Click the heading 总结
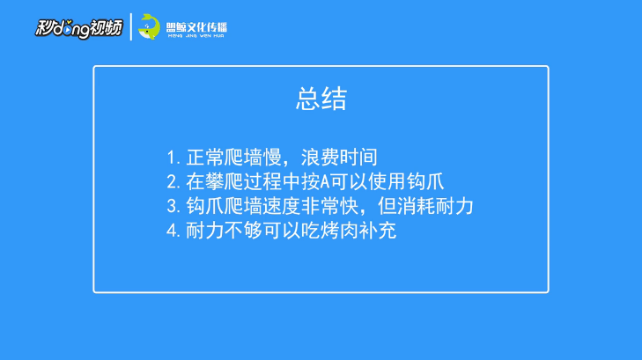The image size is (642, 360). coord(321,99)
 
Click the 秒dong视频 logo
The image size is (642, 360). coord(78,28)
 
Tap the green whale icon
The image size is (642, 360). coord(149,27)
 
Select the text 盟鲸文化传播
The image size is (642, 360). coord(196,27)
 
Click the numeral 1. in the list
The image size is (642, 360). coord(173,158)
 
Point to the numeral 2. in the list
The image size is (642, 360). coord(173,182)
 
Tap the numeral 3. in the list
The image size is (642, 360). coord(173,207)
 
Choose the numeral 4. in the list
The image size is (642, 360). coord(173,231)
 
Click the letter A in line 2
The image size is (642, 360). coord(325,182)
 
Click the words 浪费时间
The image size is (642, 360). coord(339,158)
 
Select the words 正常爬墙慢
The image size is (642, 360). coord(233,158)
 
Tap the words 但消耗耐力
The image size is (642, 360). coord(425,207)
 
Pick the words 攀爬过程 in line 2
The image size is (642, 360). coord(243,182)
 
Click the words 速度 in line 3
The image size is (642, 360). coord(282,207)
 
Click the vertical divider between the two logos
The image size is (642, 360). coord(131,27)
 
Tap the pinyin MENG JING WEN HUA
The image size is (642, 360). coord(196,36)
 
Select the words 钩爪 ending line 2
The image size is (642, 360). coord(425,182)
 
